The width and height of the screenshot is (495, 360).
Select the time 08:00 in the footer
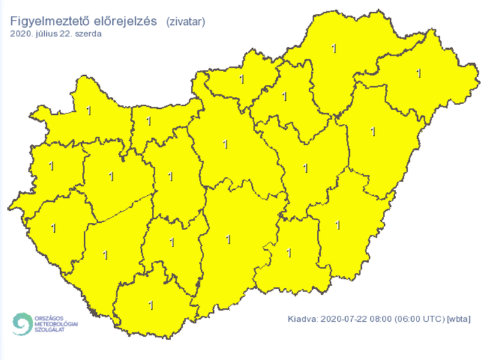click(381, 320)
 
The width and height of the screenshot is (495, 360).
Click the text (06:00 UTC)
click(420, 320)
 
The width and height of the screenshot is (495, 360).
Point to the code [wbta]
click(459, 320)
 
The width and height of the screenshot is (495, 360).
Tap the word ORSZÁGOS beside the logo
click(56, 316)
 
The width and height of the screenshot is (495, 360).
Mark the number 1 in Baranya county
click(151, 305)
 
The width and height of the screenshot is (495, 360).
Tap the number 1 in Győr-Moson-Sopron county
click(89, 110)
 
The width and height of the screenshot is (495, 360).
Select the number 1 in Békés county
click(338, 225)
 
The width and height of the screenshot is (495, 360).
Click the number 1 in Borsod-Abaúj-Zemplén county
click(334, 48)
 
